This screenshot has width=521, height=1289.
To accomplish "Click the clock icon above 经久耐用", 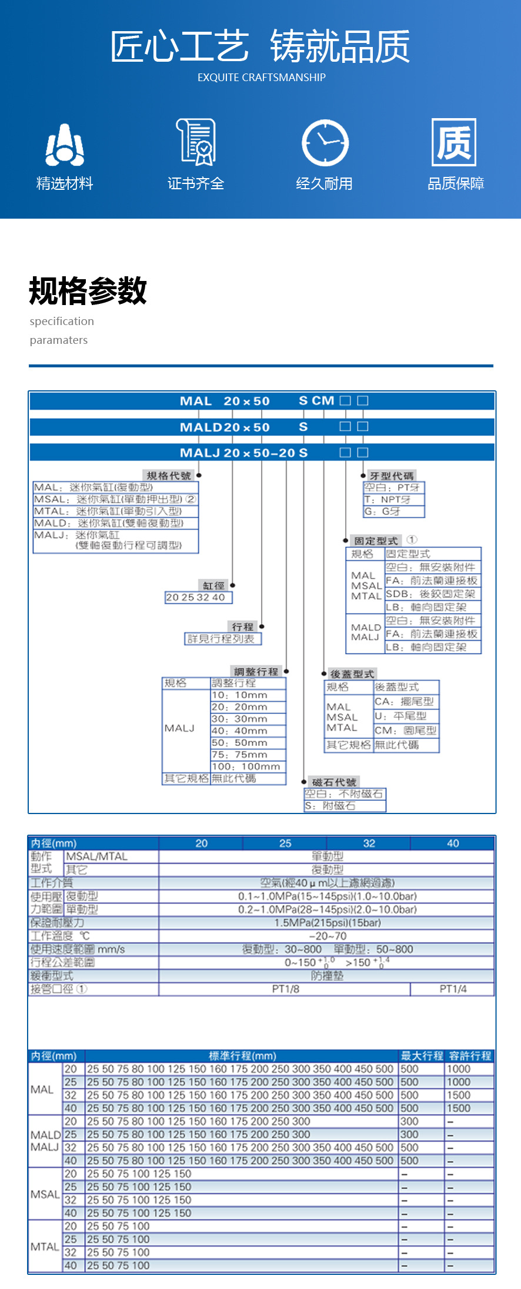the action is click(x=325, y=143).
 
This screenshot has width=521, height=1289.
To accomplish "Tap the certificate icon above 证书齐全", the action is click(x=196, y=142).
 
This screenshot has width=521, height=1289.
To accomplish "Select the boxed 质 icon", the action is click(x=453, y=142).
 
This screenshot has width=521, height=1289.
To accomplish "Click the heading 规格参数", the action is click(x=88, y=291).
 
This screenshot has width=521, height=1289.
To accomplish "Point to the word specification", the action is click(x=62, y=322).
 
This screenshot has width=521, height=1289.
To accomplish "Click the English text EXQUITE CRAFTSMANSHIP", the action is click(x=261, y=78).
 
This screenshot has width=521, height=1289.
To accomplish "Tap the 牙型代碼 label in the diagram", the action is click(x=391, y=476).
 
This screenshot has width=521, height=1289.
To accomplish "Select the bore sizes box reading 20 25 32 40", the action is click(x=196, y=597).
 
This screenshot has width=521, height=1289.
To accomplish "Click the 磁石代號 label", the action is click(x=334, y=782).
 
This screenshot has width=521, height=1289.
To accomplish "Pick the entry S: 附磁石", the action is click(x=330, y=806).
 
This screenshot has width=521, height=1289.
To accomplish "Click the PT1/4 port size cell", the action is click(x=453, y=989).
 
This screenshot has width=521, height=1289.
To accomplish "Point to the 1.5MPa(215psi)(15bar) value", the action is click(x=328, y=923).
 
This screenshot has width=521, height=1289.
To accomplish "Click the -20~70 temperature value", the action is click(x=328, y=936).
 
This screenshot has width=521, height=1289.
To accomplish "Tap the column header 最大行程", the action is click(x=422, y=1056).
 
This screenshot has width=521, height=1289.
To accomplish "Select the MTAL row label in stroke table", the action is click(x=45, y=1247).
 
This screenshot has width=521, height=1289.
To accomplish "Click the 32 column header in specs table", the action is click(x=369, y=843).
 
